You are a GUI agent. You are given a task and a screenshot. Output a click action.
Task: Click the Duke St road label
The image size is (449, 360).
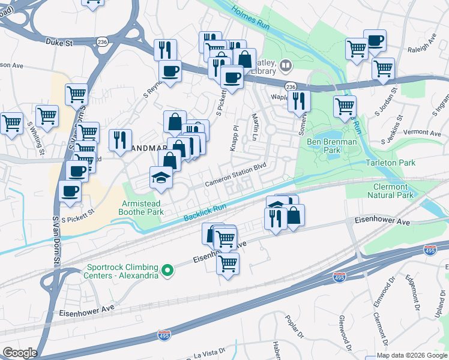click(58, 42)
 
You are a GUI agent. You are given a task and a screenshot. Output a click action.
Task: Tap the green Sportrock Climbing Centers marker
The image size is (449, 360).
click(169, 271)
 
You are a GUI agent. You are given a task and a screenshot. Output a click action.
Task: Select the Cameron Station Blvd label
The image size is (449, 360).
click(235, 178)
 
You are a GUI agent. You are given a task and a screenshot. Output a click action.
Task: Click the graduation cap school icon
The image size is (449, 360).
click(160, 178)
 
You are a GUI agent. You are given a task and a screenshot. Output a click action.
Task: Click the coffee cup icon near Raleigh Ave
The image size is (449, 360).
click(375, 41)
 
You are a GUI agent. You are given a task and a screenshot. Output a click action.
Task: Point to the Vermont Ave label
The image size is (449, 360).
click(423, 132)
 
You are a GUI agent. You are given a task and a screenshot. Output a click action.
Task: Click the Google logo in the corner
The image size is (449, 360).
click(20, 353)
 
